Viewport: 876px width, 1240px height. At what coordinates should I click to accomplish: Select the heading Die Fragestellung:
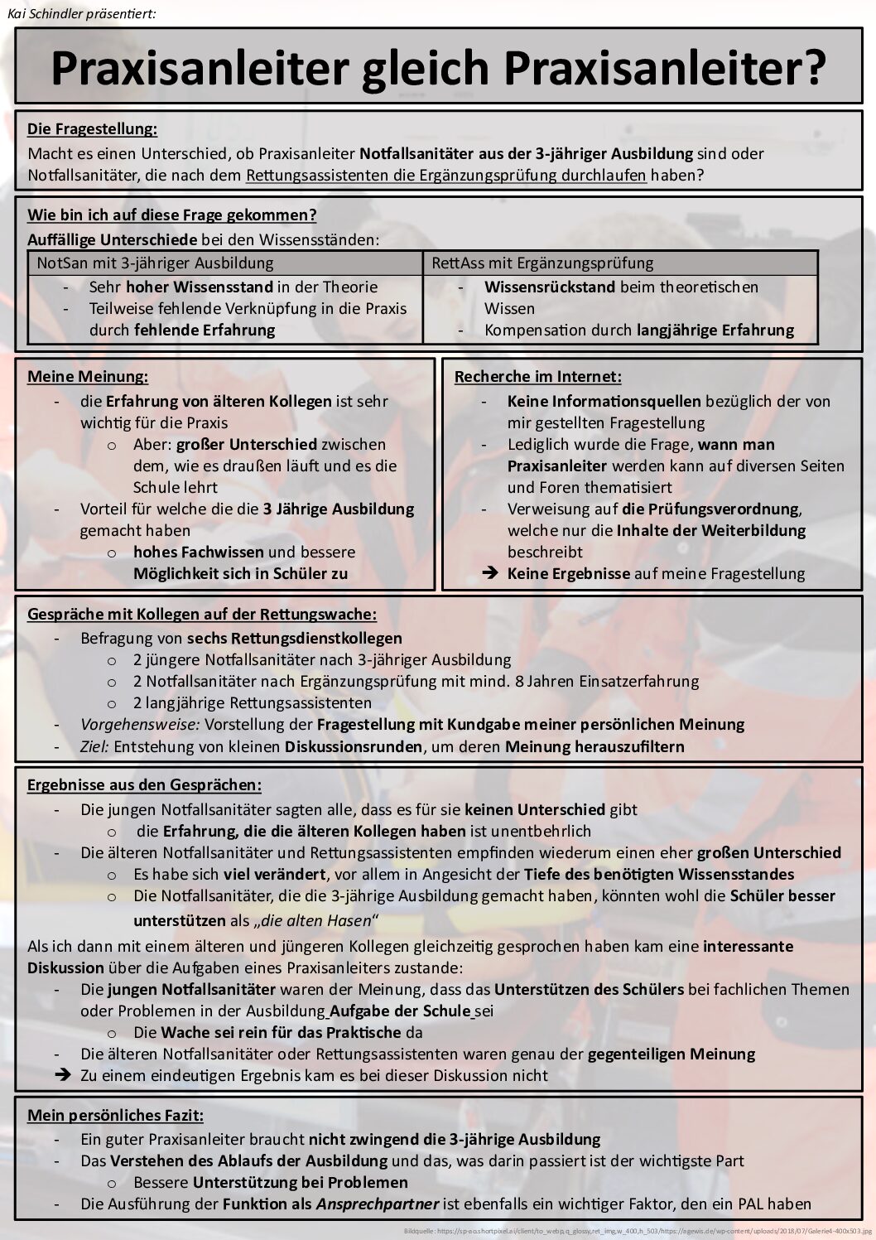pyautogui.click(x=92, y=128)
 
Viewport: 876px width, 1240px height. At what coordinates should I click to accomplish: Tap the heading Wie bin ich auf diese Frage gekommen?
pyautogui.click(x=171, y=215)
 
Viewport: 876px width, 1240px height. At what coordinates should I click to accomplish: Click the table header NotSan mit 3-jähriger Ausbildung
pyautogui.click(x=155, y=263)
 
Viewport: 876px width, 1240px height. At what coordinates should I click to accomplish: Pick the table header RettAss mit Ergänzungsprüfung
pyautogui.click(x=542, y=263)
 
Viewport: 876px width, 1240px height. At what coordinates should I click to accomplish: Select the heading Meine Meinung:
pyautogui.click(x=88, y=377)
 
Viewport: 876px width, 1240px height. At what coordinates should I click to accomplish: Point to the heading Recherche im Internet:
pyautogui.click(x=537, y=377)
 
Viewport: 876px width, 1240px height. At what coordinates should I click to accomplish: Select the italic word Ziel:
pyautogui.click(x=94, y=746)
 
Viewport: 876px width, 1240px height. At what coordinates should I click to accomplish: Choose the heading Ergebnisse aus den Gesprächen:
pyautogui.click(x=144, y=785)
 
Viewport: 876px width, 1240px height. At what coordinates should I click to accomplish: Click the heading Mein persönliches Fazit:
pyautogui.click(x=115, y=1115)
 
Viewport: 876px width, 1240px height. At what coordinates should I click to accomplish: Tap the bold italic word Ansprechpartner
pyautogui.click(x=377, y=1204)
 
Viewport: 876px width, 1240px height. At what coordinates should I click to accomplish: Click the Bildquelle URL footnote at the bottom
pyautogui.click(x=638, y=1231)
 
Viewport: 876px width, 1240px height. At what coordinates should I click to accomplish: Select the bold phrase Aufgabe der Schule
pyautogui.click(x=400, y=1011)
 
